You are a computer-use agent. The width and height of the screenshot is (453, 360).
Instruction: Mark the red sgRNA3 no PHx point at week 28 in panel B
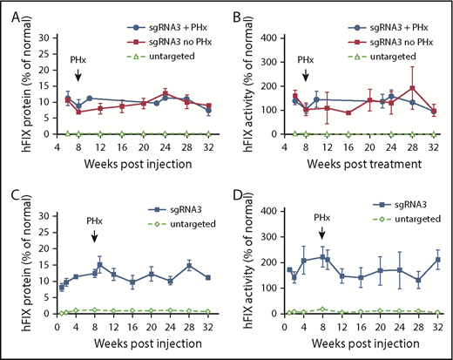click(412, 88)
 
